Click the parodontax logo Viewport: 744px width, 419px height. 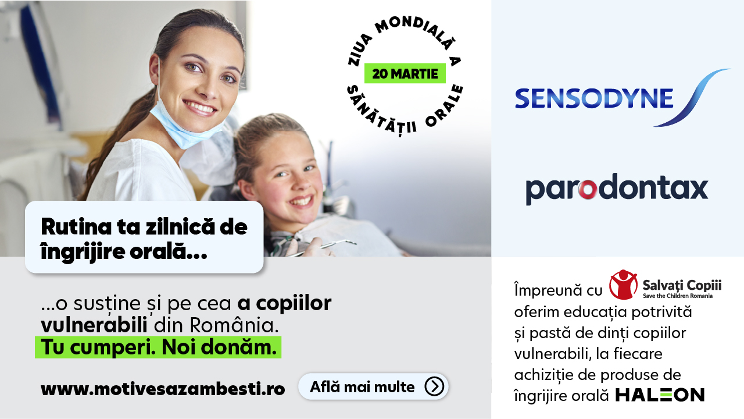point(617,190)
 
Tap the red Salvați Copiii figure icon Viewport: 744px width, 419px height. point(623,285)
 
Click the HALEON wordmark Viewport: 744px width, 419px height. point(660,395)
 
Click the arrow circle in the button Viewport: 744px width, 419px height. point(434,386)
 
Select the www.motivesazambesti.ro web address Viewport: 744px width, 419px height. point(163,389)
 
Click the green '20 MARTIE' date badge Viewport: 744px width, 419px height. point(405,74)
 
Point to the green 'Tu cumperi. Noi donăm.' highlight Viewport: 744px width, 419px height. point(158,347)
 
